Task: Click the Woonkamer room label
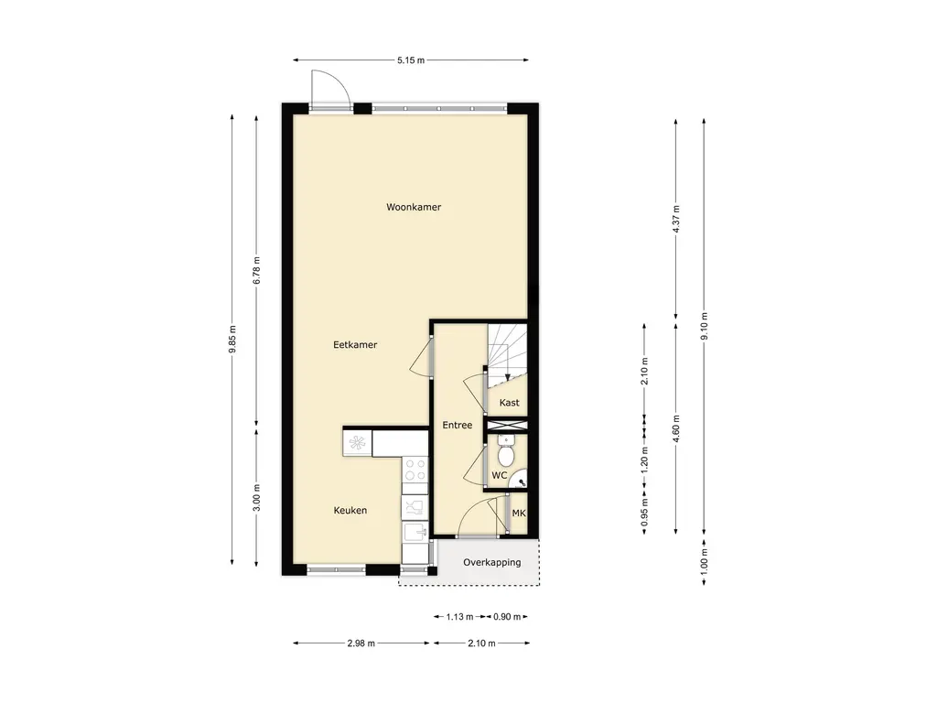pos(414,208)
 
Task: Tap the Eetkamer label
pos(355,345)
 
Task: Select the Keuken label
pos(350,511)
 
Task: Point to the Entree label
pos(458,425)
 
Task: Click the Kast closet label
pos(509,403)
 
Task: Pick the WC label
pos(499,476)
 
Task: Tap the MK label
pos(519,513)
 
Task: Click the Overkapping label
pos(491,563)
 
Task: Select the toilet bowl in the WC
pos(506,453)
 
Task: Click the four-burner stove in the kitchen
pos(415,470)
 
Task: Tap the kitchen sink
pos(415,532)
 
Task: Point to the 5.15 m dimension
pos(411,60)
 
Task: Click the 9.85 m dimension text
pos(232,339)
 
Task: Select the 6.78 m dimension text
pos(256,270)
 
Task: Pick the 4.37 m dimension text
pos(676,220)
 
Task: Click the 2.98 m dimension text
pos(361,644)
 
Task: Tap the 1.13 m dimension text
pos(459,617)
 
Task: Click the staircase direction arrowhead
pos(507,377)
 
